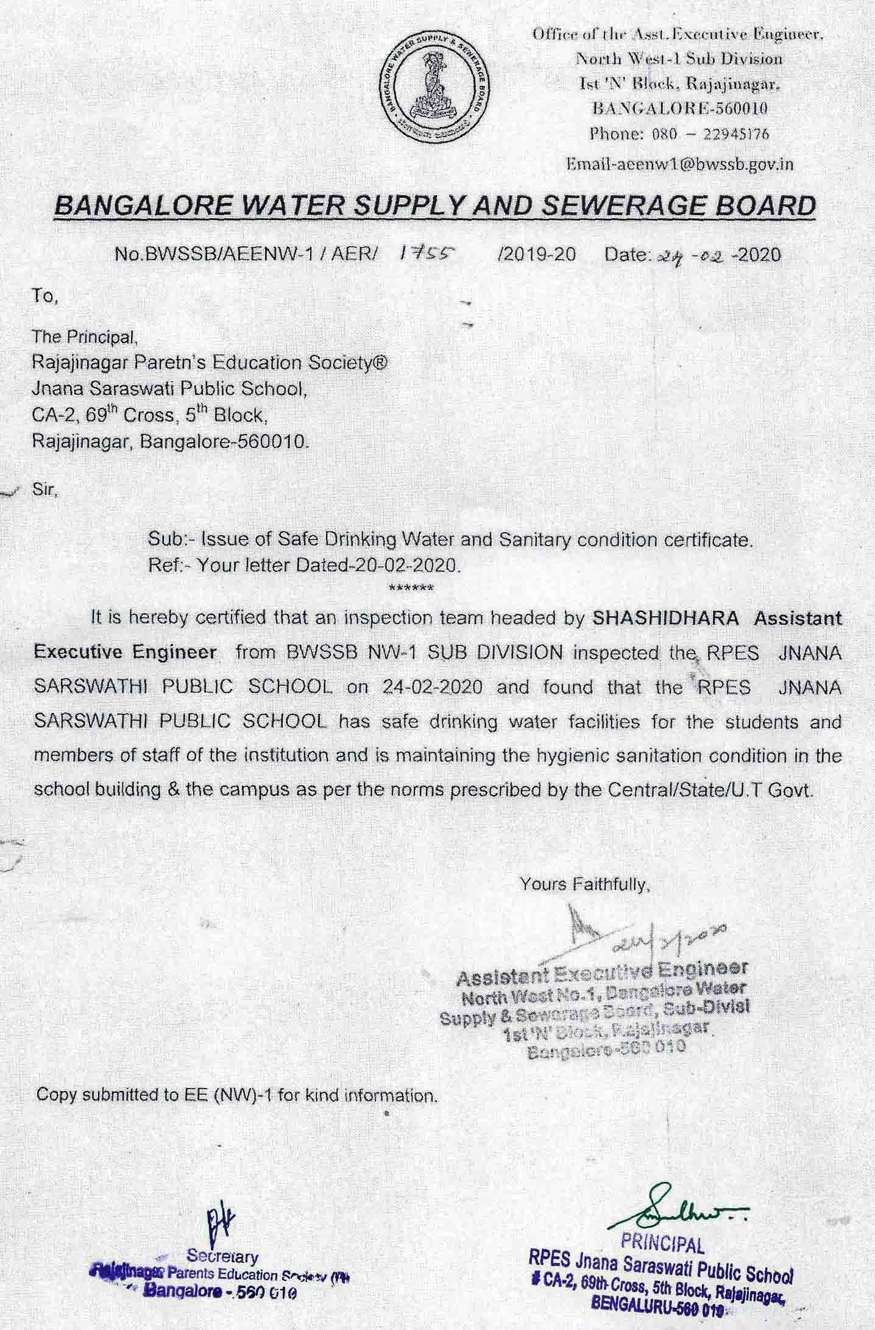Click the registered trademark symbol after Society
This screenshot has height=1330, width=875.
point(380,362)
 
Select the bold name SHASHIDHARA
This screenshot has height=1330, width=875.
point(666,618)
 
